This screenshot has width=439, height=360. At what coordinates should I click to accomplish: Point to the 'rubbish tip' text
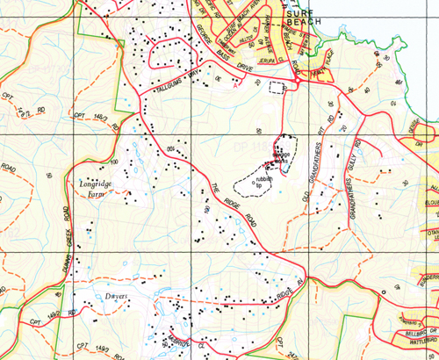(x=264, y=182)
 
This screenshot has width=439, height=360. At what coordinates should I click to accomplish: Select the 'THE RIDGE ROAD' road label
(x=230, y=205)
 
